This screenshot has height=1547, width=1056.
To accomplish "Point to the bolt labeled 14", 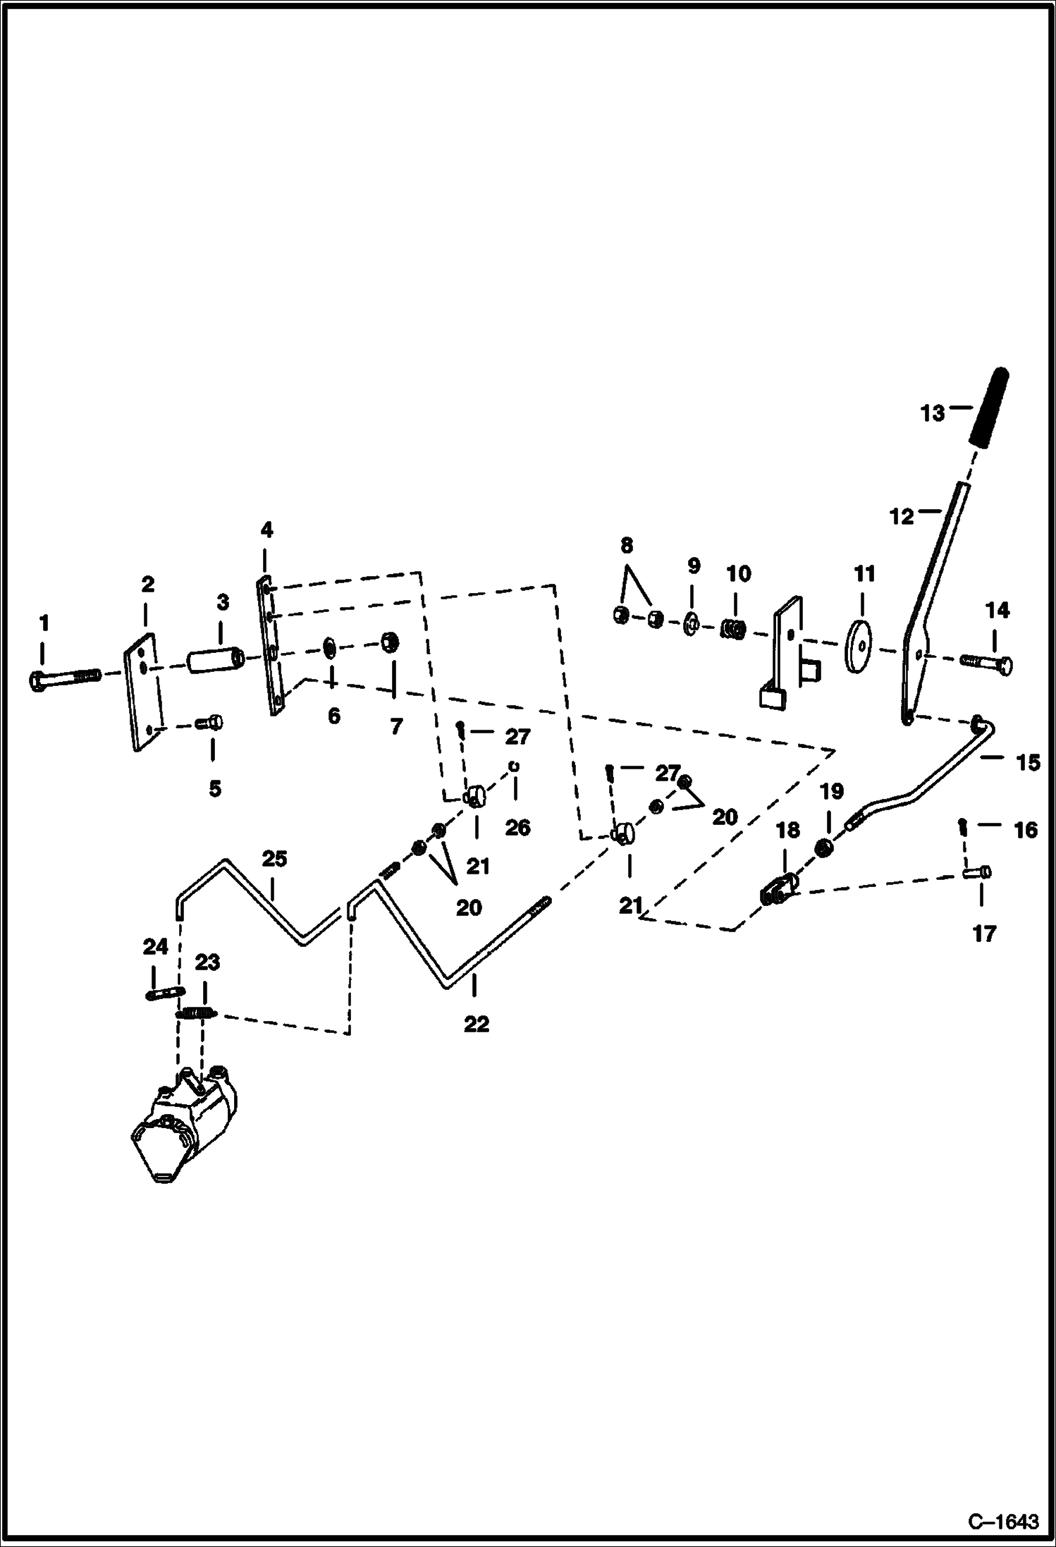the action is (x=987, y=664).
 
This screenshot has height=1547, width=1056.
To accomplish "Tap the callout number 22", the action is (x=476, y=1023).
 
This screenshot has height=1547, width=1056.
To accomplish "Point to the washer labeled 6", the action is (x=329, y=647).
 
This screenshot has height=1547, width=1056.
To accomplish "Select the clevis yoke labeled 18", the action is (x=779, y=888).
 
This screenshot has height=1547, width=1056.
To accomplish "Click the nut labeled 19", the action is (x=822, y=848).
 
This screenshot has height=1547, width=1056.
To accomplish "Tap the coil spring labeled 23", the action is (x=196, y=1013).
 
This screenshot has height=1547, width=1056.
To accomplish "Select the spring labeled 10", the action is (x=732, y=626).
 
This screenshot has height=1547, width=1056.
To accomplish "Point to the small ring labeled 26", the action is (x=515, y=766).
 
